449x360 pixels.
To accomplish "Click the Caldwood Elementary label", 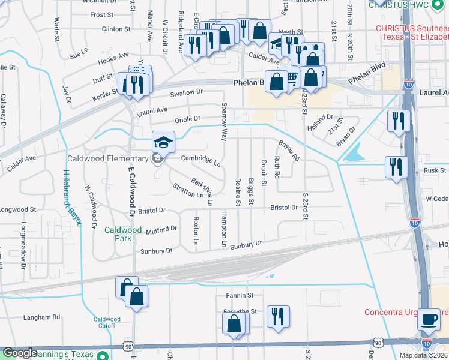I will (107, 158).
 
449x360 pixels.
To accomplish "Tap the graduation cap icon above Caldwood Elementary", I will (163, 143).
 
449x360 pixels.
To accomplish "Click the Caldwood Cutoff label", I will (107, 323).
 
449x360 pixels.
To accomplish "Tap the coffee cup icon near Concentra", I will (429, 319).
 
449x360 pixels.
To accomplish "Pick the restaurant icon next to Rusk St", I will (396, 167).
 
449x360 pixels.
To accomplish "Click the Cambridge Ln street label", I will (201, 160).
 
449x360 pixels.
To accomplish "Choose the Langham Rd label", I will (42, 317).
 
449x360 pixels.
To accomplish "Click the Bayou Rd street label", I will (289, 151).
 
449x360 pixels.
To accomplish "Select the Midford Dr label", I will (161, 229).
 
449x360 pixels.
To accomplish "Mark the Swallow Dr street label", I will (187, 93).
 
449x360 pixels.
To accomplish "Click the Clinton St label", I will (116, 28).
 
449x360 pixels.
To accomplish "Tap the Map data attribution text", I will (423, 355).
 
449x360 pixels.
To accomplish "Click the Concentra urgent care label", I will (406, 312).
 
